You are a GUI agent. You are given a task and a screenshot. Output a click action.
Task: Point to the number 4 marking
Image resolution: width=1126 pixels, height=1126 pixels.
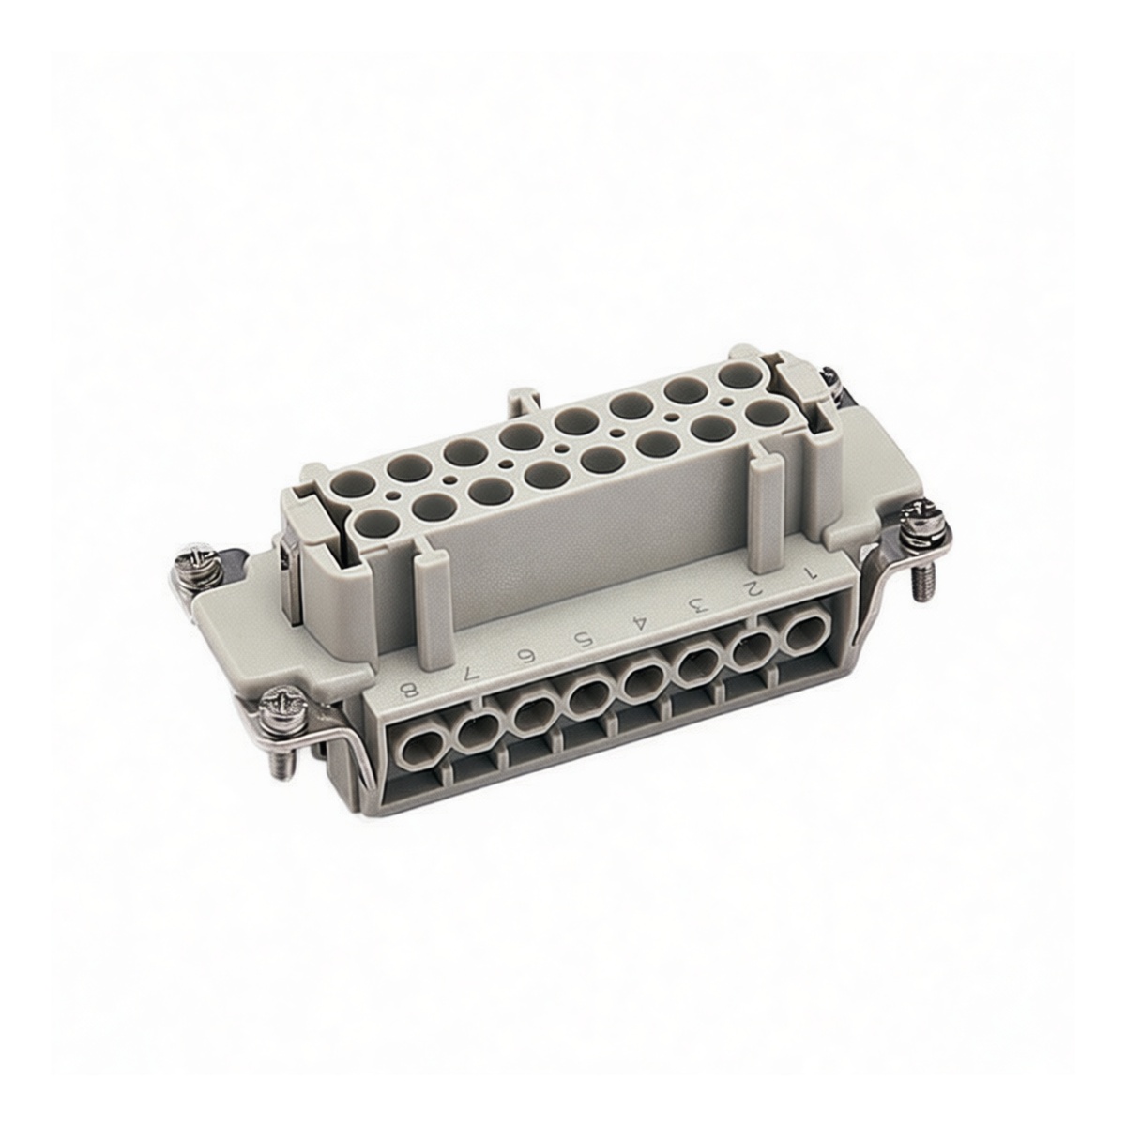point(641,621)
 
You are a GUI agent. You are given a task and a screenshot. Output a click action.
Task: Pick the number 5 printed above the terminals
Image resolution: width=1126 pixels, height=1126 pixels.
point(586,639)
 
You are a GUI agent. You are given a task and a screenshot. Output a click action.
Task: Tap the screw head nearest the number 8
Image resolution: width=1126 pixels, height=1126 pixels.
point(281,702)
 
